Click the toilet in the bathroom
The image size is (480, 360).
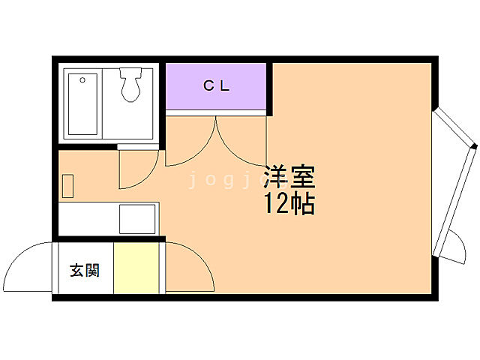coord(131,88)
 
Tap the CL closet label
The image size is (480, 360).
coord(216,85)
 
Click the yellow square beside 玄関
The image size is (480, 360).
coord(136,268)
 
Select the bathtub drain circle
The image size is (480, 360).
coord(82,77)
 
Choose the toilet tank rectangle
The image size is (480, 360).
coord(130,74)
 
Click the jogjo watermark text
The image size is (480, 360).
coord(225,181)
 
